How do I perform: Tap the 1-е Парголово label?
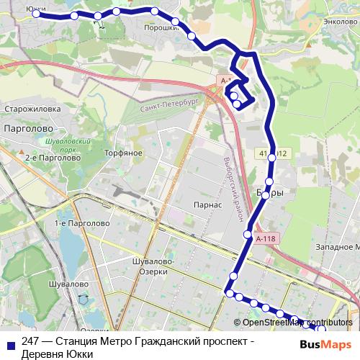tap(81, 224)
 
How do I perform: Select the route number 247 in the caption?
tap(31, 341)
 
